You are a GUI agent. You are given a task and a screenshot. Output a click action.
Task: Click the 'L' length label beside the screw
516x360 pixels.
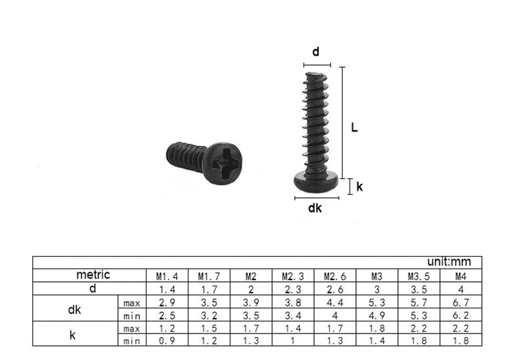[x=354, y=128]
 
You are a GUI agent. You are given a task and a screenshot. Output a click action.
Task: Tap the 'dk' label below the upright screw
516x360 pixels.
[x=315, y=208]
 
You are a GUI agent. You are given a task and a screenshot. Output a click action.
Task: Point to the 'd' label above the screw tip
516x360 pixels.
[x=316, y=52]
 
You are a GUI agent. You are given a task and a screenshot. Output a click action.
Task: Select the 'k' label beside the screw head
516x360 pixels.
[x=360, y=187]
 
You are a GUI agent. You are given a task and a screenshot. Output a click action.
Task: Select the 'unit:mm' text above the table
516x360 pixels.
[x=450, y=262]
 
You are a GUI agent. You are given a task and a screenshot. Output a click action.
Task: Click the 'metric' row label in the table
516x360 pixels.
[x=93, y=275]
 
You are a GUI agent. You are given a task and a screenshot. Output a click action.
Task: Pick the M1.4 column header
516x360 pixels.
[x=164, y=276]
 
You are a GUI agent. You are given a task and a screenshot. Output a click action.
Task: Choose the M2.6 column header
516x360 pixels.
[x=334, y=276]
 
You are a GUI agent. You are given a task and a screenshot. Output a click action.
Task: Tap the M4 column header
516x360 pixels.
[x=461, y=276]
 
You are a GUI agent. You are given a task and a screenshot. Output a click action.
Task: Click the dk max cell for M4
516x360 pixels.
[x=461, y=302]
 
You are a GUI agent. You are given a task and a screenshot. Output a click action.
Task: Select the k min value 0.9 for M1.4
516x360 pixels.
[x=164, y=341]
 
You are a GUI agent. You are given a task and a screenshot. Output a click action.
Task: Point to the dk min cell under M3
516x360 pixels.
[x=377, y=315]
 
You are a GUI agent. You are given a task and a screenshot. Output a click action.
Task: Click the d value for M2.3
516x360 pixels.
[x=292, y=289]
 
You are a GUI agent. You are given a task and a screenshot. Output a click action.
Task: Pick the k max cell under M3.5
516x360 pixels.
[x=418, y=328]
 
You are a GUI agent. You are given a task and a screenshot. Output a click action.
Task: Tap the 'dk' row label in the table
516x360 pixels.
[x=74, y=309]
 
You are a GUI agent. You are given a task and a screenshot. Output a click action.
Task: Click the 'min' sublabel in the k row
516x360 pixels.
[x=132, y=341]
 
